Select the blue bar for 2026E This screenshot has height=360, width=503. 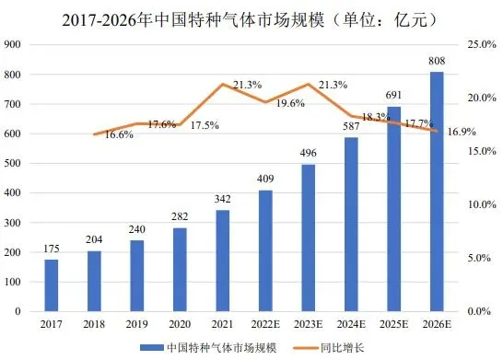click(x=437, y=192)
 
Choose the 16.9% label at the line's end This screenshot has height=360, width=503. click(x=461, y=132)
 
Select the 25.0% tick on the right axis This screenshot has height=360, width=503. click(x=483, y=45)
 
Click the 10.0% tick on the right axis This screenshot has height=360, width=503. click(x=483, y=204)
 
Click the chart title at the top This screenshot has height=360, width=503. click(x=251, y=17)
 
